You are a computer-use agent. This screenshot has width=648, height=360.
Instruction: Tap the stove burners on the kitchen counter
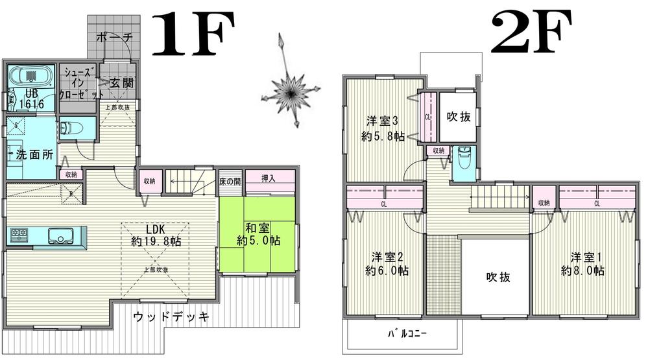(18, 235)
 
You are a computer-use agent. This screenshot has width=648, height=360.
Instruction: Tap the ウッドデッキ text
(171, 317)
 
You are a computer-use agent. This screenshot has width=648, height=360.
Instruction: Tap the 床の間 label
(230, 180)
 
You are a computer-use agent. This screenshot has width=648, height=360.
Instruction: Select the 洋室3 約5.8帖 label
(383, 128)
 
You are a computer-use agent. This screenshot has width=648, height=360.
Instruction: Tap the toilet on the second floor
(464, 159)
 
